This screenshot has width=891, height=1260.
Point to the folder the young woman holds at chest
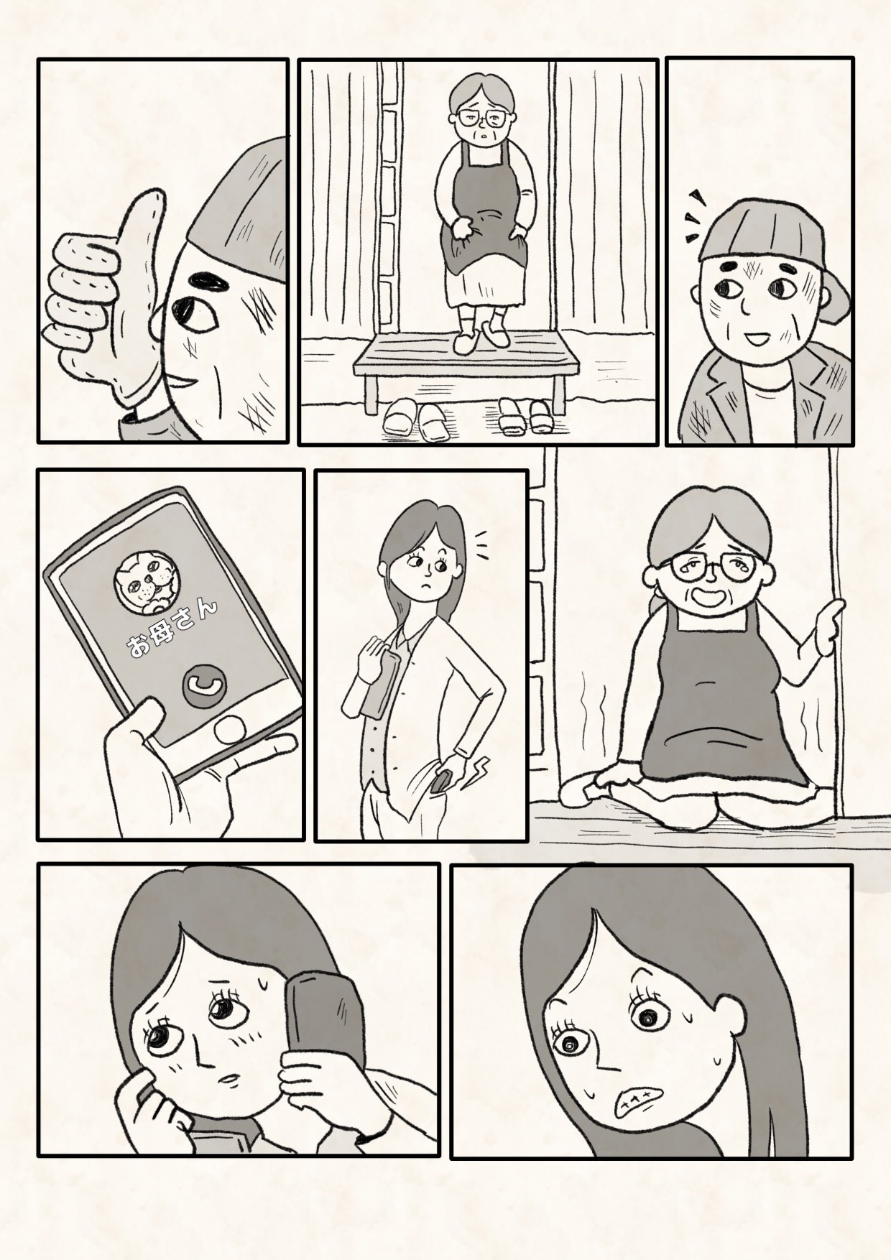[380, 680]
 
